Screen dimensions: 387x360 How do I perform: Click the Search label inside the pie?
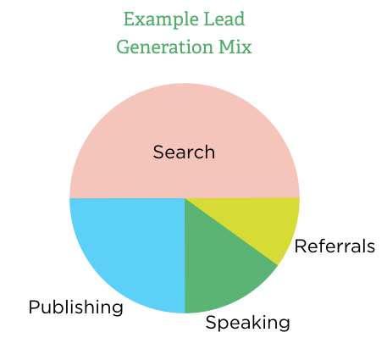point(184,152)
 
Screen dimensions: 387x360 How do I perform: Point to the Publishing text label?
point(76,307)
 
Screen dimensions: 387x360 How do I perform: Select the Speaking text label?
point(248,323)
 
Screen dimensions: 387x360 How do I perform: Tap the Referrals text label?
point(334,246)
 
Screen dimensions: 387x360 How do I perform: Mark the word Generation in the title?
point(164,47)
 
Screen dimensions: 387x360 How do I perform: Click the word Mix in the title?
point(235,47)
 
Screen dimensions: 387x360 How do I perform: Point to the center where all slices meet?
point(185,198)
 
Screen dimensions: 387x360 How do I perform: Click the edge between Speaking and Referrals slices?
point(231,232)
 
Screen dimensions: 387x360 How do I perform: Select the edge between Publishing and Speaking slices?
point(185,256)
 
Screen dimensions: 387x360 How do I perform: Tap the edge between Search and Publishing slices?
point(127,198)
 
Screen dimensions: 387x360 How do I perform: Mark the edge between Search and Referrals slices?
point(242,198)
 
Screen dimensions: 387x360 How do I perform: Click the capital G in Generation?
point(124,47)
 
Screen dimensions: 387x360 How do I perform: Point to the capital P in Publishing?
point(34,307)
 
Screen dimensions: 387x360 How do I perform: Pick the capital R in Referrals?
point(301,246)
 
